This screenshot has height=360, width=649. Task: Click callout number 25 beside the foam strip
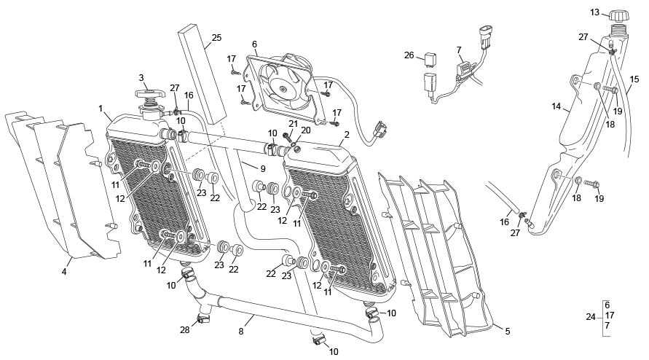216,38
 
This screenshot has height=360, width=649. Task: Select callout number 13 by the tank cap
594,12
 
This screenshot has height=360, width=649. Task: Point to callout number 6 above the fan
254,44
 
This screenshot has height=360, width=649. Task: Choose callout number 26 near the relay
409,55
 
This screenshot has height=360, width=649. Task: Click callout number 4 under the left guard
64,272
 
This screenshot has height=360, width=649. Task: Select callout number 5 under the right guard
507,331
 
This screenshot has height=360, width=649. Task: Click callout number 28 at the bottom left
185,330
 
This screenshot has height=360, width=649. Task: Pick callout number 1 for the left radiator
101,108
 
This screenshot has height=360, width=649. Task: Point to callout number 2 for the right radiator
347,135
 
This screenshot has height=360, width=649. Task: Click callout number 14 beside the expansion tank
556,107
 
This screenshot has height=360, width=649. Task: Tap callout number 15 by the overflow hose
634,79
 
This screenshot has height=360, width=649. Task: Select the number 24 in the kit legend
590,316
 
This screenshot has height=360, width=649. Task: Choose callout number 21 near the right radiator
294,123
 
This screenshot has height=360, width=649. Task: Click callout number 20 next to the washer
306,130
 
